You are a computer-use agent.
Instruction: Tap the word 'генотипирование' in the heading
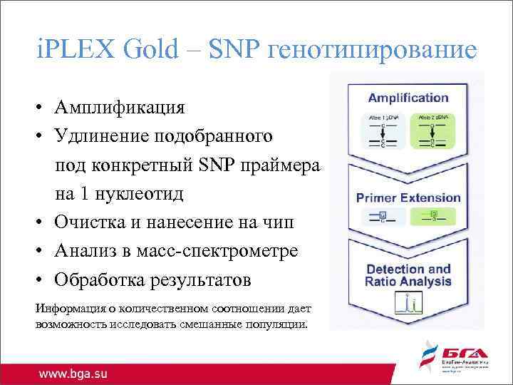(370, 50)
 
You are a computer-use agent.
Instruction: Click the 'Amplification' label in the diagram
(408, 98)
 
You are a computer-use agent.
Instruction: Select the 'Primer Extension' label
(408, 198)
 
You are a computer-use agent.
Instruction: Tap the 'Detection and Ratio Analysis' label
(408, 275)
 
